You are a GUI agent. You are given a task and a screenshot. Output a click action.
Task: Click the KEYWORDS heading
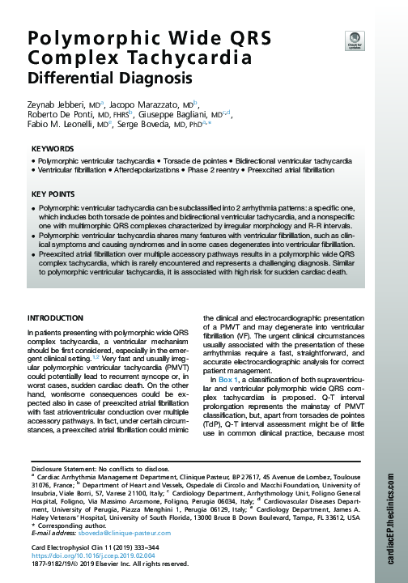point(53,150)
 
